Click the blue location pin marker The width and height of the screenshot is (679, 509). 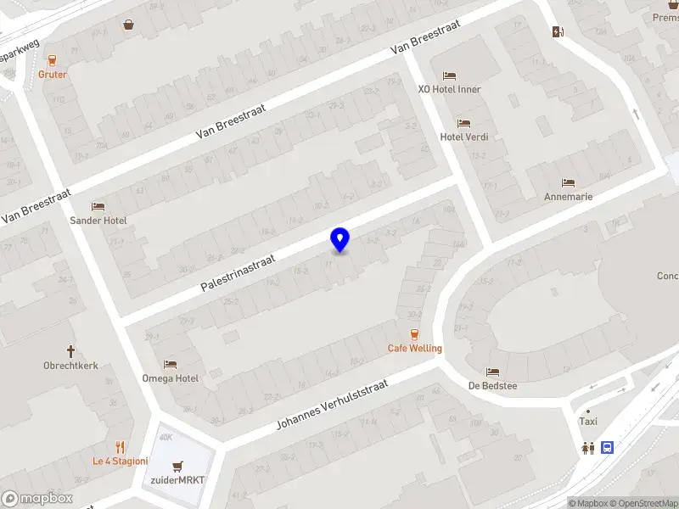click(x=339, y=240)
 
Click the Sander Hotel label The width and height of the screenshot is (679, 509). click(x=98, y=221)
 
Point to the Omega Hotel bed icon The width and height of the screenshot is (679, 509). click(x=170, y=364)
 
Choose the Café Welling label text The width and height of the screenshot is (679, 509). click(x=415, y=348)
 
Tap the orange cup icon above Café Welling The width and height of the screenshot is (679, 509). click(x=414, y=334)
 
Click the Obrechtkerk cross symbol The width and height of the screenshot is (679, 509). click(x=71, y=351)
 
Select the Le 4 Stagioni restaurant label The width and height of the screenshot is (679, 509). click(x=121, y=461)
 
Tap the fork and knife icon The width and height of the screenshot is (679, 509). click(x=121, y=447)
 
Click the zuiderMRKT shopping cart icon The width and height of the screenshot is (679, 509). click(x=177, y=466)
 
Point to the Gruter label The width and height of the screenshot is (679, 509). click(x=53, y=74)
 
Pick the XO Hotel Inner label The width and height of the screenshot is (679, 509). click(x=449, y=89)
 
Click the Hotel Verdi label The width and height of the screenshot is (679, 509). click(x=463, y=137)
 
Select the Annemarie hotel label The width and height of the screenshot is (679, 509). click(x=568, y=196)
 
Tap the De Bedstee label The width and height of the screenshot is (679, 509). click(x=492, y=385)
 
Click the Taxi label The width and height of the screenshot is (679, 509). click(x=587, y=422)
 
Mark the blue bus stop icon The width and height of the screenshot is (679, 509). click(x=608, y=447)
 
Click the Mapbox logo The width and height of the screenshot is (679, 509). click(x=36, y=499)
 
